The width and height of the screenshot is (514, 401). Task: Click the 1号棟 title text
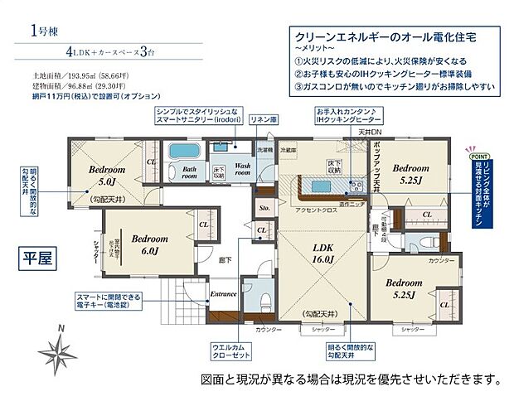tap(48, 31)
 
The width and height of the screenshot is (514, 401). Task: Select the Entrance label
tap(224, 293)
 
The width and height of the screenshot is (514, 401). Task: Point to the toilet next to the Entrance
tap(264, 300)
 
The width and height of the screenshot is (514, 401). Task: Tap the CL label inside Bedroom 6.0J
tap(204, 224)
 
